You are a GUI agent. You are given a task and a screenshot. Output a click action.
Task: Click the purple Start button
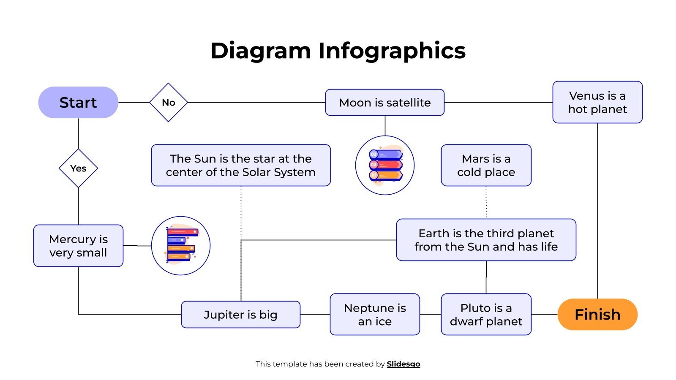[x=78, y=103]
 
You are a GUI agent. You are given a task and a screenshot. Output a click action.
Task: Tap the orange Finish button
[x=597, y=315]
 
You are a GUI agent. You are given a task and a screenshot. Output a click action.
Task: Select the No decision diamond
[x=169, y=103]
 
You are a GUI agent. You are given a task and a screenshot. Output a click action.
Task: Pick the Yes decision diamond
[x=78, y=168]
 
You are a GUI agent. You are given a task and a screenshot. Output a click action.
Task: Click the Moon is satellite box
[x=384, y=103]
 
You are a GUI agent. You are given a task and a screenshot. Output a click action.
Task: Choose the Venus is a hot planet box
[x=597, y=103]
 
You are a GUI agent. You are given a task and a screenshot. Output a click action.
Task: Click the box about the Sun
[x=241, y=166]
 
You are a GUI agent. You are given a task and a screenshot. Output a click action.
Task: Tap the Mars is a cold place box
[x=486, y=166]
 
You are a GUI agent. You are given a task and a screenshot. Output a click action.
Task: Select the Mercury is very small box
[x=78, y=246]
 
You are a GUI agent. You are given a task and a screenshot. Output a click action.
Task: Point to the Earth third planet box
[x=486, y=240]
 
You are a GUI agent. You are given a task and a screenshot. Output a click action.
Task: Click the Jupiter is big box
[x=241, y=315]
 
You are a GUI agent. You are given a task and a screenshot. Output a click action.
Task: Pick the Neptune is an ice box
[x=375, y=315]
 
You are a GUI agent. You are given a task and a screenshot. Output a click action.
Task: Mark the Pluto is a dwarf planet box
[x=486, y=315]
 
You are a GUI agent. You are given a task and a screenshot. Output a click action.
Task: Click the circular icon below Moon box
[x=385, y=165]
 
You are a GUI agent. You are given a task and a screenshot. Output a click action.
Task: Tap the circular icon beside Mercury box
[x=181, y=246]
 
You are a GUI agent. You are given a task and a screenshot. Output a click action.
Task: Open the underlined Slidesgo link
[x=403, y=364]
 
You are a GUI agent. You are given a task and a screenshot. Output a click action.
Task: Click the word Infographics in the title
[x=392, y=51]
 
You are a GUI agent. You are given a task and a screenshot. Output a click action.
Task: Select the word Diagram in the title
[x=261, y=51]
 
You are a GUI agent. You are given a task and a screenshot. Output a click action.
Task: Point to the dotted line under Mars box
[x=486, y=203]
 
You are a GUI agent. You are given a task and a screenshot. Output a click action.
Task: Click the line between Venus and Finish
[x=597, y=211]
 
